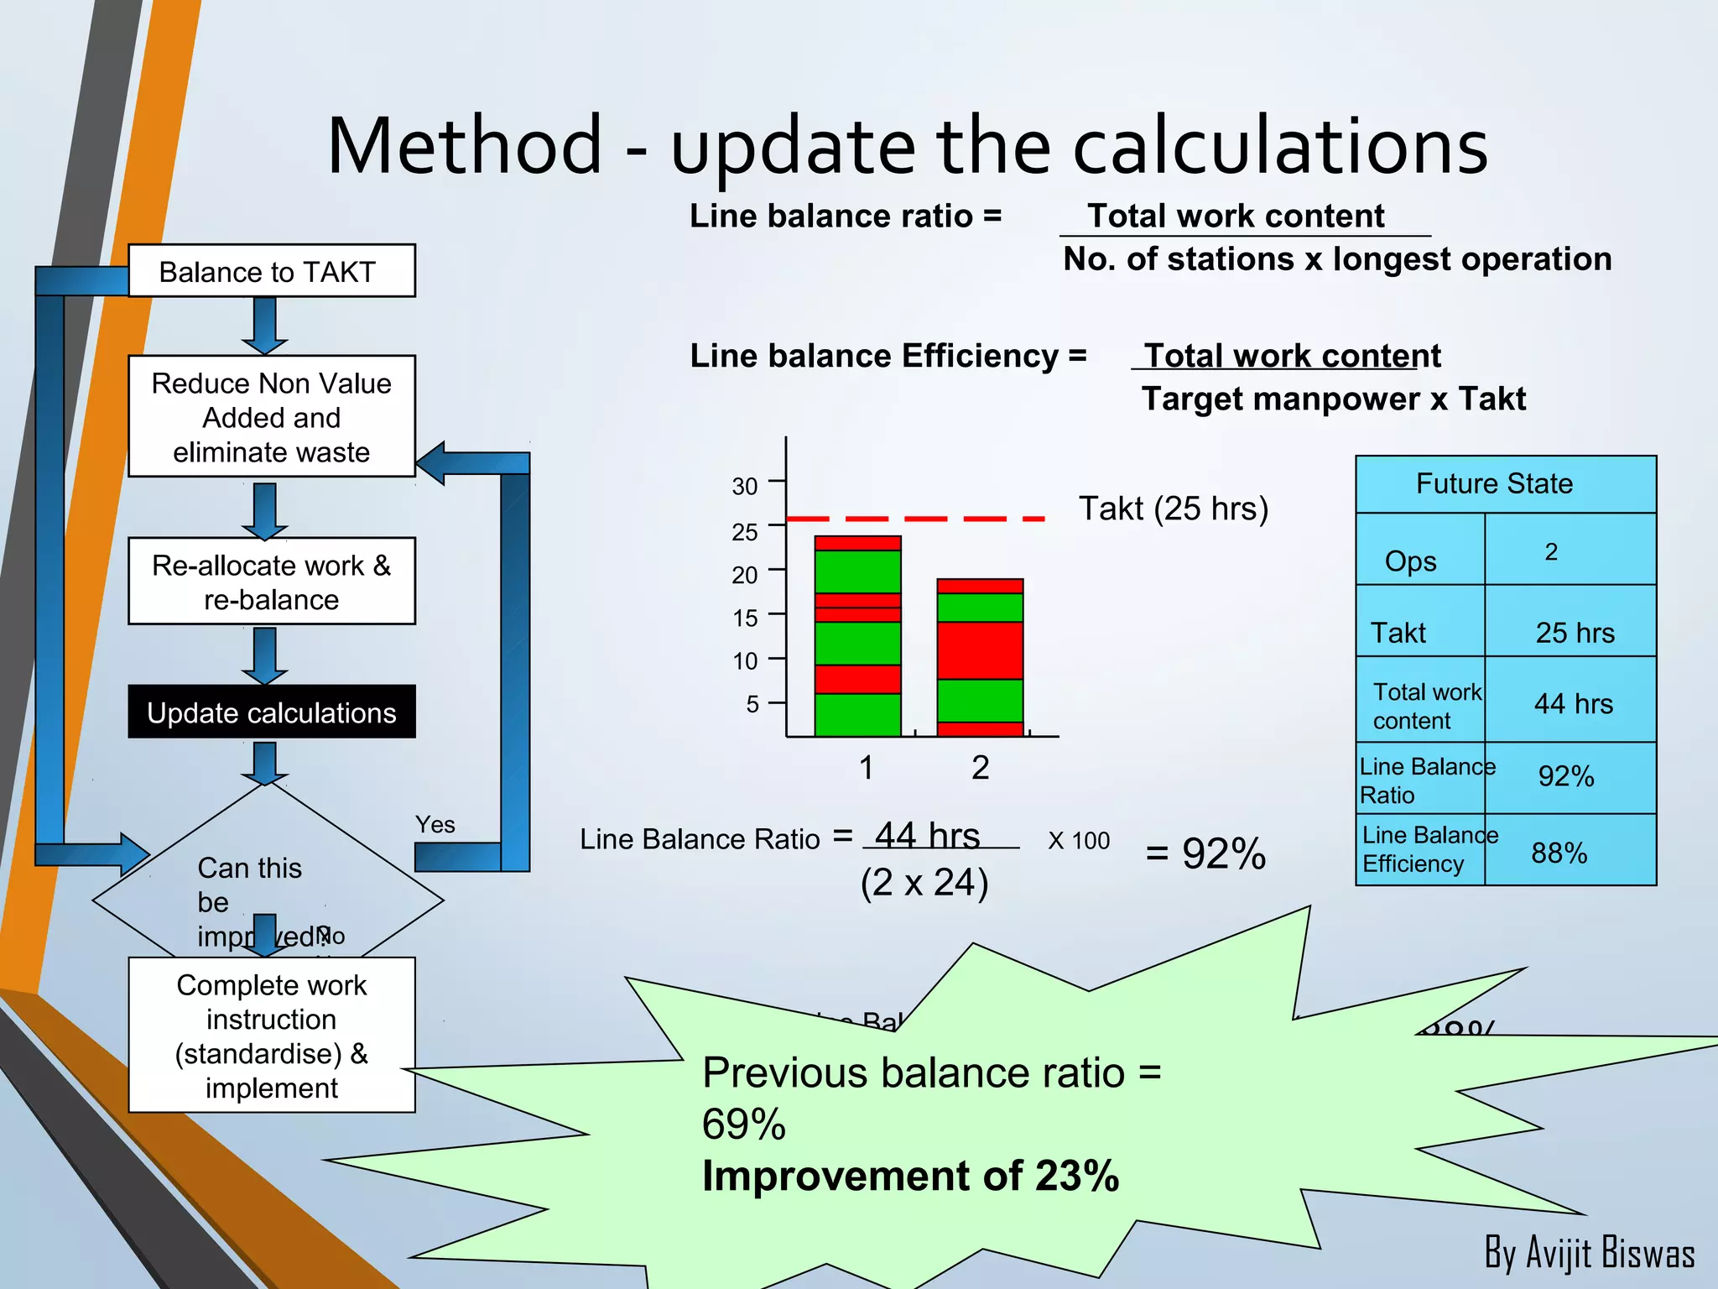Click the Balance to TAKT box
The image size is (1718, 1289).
pyautogui.click(x=271, y=271)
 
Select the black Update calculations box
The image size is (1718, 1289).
pyautogui.click(x=271, y=712)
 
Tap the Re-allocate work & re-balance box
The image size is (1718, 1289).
pyautogui.click(x=271, y=582)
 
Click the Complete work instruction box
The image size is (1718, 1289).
pyautogui.click(x=271, y=1036)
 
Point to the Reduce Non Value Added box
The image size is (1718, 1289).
pyautogui.click(x=271, y=417)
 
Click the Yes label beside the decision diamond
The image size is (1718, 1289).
pyautogui.click(x=435, y=825)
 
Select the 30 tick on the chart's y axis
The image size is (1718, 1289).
pyautogui.click(x=745, y=486)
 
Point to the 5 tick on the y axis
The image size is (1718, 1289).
pyautogui.click(x=752, y=704)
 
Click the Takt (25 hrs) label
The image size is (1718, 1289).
pyautogui.click(x=1173, y=509)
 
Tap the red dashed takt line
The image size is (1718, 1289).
pyautogui.click(x=914, y=519)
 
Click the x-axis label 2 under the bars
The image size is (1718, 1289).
pyautogui.click(x=980, y=768)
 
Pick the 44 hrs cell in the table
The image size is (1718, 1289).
pyautogui.click(x=1573, y=703)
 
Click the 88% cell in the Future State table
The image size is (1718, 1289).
pyautogui.click(x=1559, y=853)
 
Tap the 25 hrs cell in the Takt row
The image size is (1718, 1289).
pyautogui.click(x=1575, y=632)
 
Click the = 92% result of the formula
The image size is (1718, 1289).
pyautogui.click(x=1205, y=854)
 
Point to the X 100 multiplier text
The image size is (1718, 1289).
pyautogui.click(x=1079, y=840)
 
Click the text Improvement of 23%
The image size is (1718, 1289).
pyautogui.click(x=910, y=1176)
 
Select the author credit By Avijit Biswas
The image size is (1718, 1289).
pyautogui.click(x=1589, y=1253)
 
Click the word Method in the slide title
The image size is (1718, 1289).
pyautogui.click(x=465, y=146)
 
